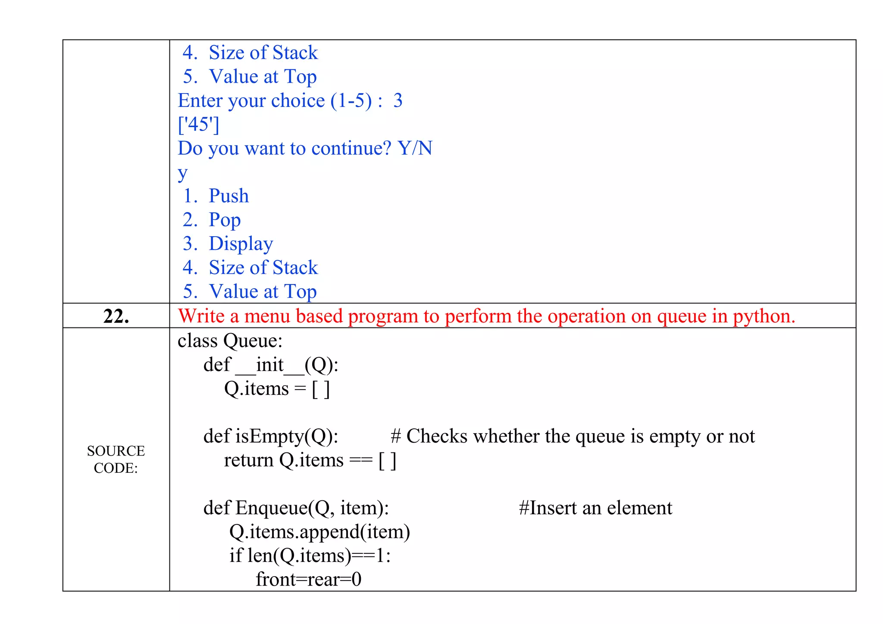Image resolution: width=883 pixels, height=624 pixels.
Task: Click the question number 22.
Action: pyautogui.click(x=116, y=316)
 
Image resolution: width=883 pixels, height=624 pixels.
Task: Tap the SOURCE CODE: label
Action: pyautogui.click(x=116, y=459)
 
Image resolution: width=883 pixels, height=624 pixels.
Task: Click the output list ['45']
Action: pyautogui.click(x=199, y=125)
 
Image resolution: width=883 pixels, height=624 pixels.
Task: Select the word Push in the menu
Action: pyautogui.click(x=229, y=196)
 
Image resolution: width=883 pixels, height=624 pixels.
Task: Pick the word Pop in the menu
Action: pyautogui.click(x=225, y=220)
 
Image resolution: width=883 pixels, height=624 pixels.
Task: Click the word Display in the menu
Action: pyautogui.click(x=241, y=244)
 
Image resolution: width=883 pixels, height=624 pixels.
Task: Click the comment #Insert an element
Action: pyautogui.click(x=595, y=508)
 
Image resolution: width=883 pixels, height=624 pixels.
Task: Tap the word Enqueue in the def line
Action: pyautogui.click(x=272, y=508)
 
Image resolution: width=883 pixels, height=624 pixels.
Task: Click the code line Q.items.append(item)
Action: pyautogui.click(x=319, y=532)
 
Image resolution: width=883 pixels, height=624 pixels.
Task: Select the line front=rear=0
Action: pyautogui.click(x=308, y=580)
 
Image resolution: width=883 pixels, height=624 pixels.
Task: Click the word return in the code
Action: pyautogui.click(x=249, y=460)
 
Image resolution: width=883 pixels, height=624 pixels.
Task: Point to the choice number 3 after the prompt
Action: pyautogui.click(x=398, y=101)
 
